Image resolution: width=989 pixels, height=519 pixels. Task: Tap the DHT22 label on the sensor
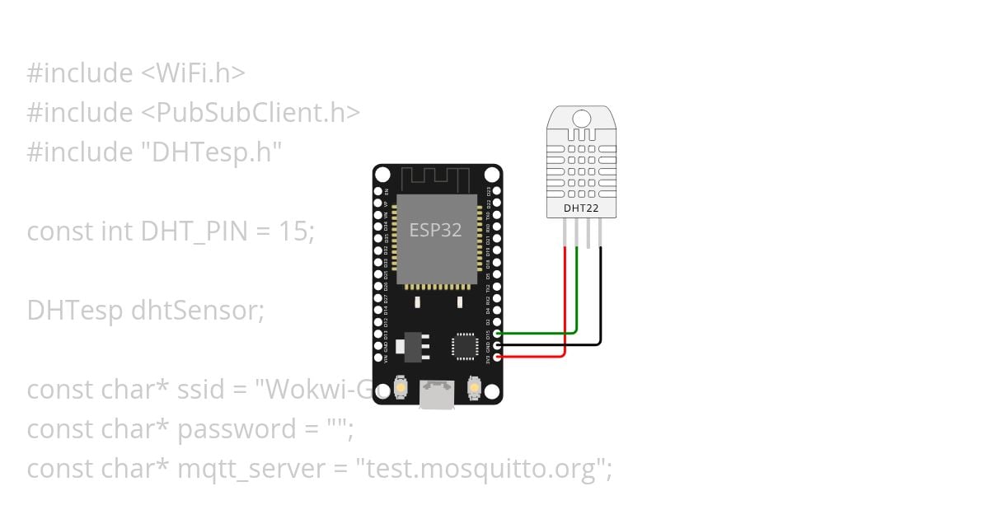click(x=581, y=208)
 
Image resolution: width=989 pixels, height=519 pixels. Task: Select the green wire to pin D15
click(x=544, y=333)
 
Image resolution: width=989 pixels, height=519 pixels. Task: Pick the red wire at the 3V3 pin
click(x=536, y=356)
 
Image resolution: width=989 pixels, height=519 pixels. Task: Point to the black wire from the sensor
click(x=601, y=297)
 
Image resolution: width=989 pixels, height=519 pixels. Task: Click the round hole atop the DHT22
click(x=581, y=119)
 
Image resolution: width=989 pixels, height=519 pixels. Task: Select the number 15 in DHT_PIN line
click(x=293, y=231)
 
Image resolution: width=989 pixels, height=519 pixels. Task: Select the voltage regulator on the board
click(x=411, y=345)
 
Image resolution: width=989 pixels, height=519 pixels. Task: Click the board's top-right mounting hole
click(x=492, y=175)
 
